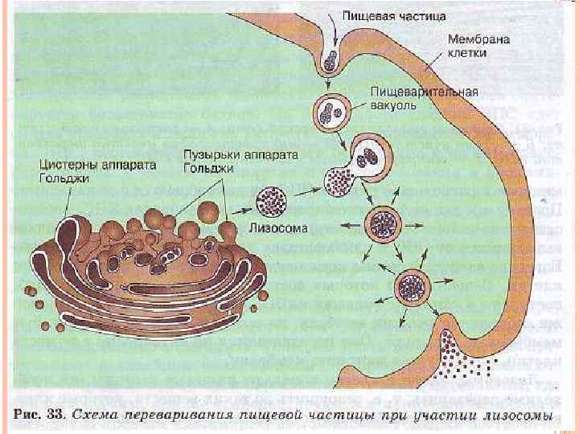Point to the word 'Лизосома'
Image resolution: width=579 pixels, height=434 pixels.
click(x=277, y=228)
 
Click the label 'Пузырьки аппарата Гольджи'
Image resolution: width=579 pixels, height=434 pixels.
click(x=195, y=162)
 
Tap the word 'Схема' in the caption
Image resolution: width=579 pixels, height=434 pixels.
click(x=98, y=417)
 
